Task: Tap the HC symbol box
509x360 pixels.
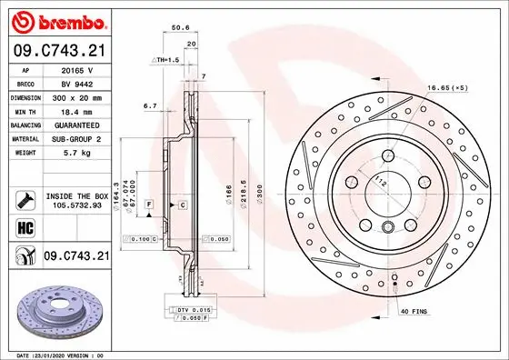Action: pos(22,225)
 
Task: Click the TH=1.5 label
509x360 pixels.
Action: pos(165,60)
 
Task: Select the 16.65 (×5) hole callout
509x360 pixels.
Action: pos(446,88)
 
